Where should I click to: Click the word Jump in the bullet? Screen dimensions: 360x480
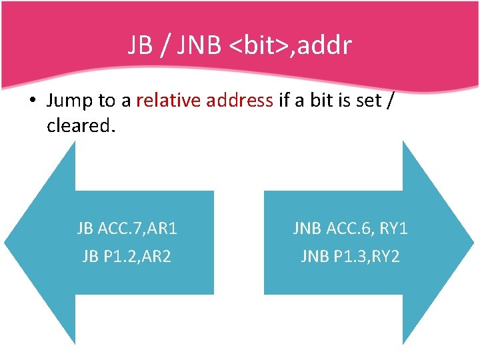pyautogui.click(x=70, y=101)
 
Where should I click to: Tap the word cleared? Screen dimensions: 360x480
pyautogui.click(x=81, y=125)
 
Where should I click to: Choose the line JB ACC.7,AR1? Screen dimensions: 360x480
pyautogui.click(x=127, y=229)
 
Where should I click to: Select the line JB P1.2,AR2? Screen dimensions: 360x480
pyautogui.click(x=127, y=256)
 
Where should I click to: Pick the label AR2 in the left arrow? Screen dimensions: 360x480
pyautogui.click(x=157, y=256)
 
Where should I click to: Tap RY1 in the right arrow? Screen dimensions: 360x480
pyautogui.click(x=393, y=229)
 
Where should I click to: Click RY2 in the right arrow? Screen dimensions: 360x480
pyautogui.click(x=387, y=256)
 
